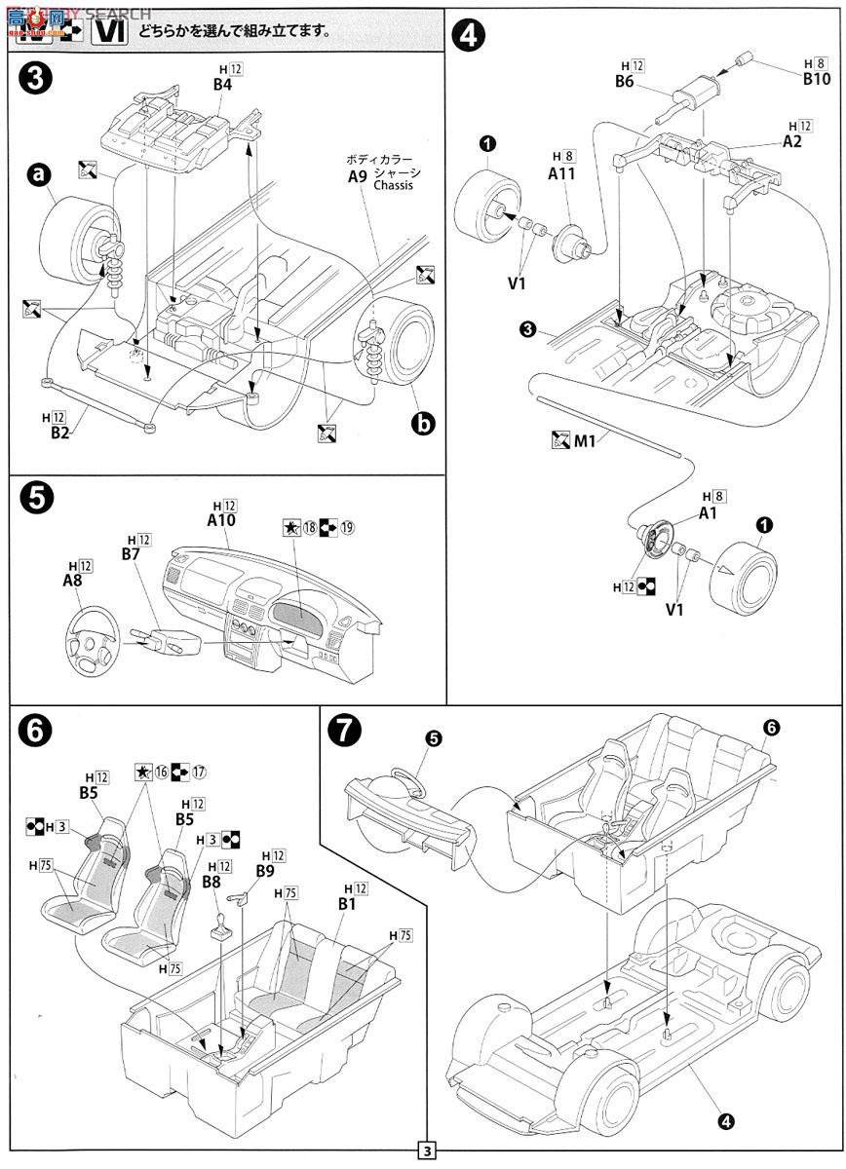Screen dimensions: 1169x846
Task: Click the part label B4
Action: click(223, 84)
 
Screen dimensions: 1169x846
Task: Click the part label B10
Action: click(816, 79)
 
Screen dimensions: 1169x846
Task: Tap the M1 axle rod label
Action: click(584, 440)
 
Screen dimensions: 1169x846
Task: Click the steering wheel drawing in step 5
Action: click(93, 644)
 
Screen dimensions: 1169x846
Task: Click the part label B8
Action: click(211, 881)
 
